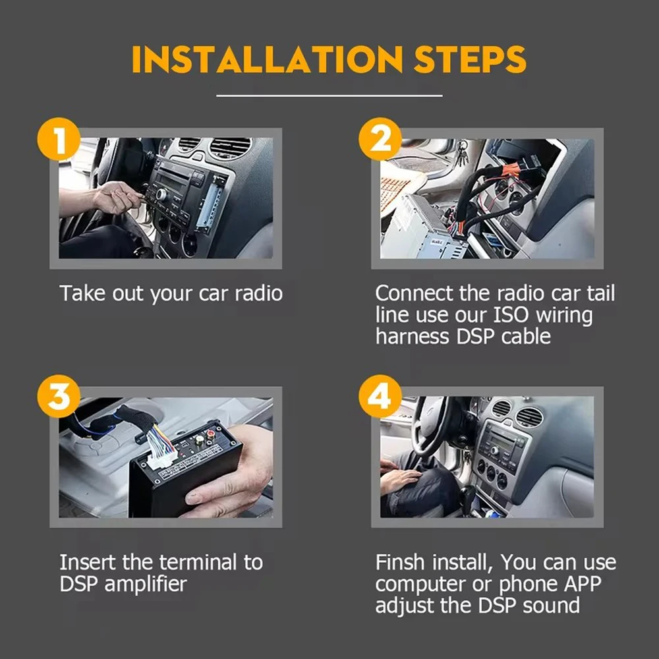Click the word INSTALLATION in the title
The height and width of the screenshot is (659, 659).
click(x=268, y=59)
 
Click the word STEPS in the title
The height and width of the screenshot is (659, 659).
click(x=470, y=59)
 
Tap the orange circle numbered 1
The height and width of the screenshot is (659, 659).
click(x=59, y=139)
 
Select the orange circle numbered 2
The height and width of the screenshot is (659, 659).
click(x=380, y=139)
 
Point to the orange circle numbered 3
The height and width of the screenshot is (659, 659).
click(x=59, y=396)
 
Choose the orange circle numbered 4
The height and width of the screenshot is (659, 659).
click(x=380, y=396)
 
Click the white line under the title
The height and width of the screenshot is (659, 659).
click(x=329, y=96)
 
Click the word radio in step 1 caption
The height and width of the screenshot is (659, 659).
click(x=258, y=293)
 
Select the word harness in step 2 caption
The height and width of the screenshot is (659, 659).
click(x=412, y=337)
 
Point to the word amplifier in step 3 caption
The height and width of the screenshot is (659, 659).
click(x=146, y=584)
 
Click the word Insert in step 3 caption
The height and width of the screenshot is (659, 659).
click(x=88, y=562)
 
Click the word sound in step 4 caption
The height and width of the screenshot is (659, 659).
click(x=552, y=606)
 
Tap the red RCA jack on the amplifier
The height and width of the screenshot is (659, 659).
click(x=209, y=432)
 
